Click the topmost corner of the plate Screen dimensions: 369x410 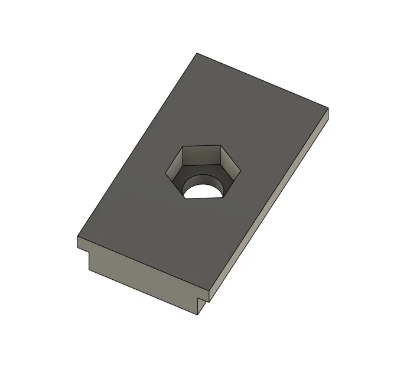click(x=197, y=53)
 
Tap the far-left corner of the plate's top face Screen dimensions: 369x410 click(x=77, y=238)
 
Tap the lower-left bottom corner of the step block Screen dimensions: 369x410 click(x=89, y=270)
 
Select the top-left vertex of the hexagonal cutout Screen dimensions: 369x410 click(x=183, y=147)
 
